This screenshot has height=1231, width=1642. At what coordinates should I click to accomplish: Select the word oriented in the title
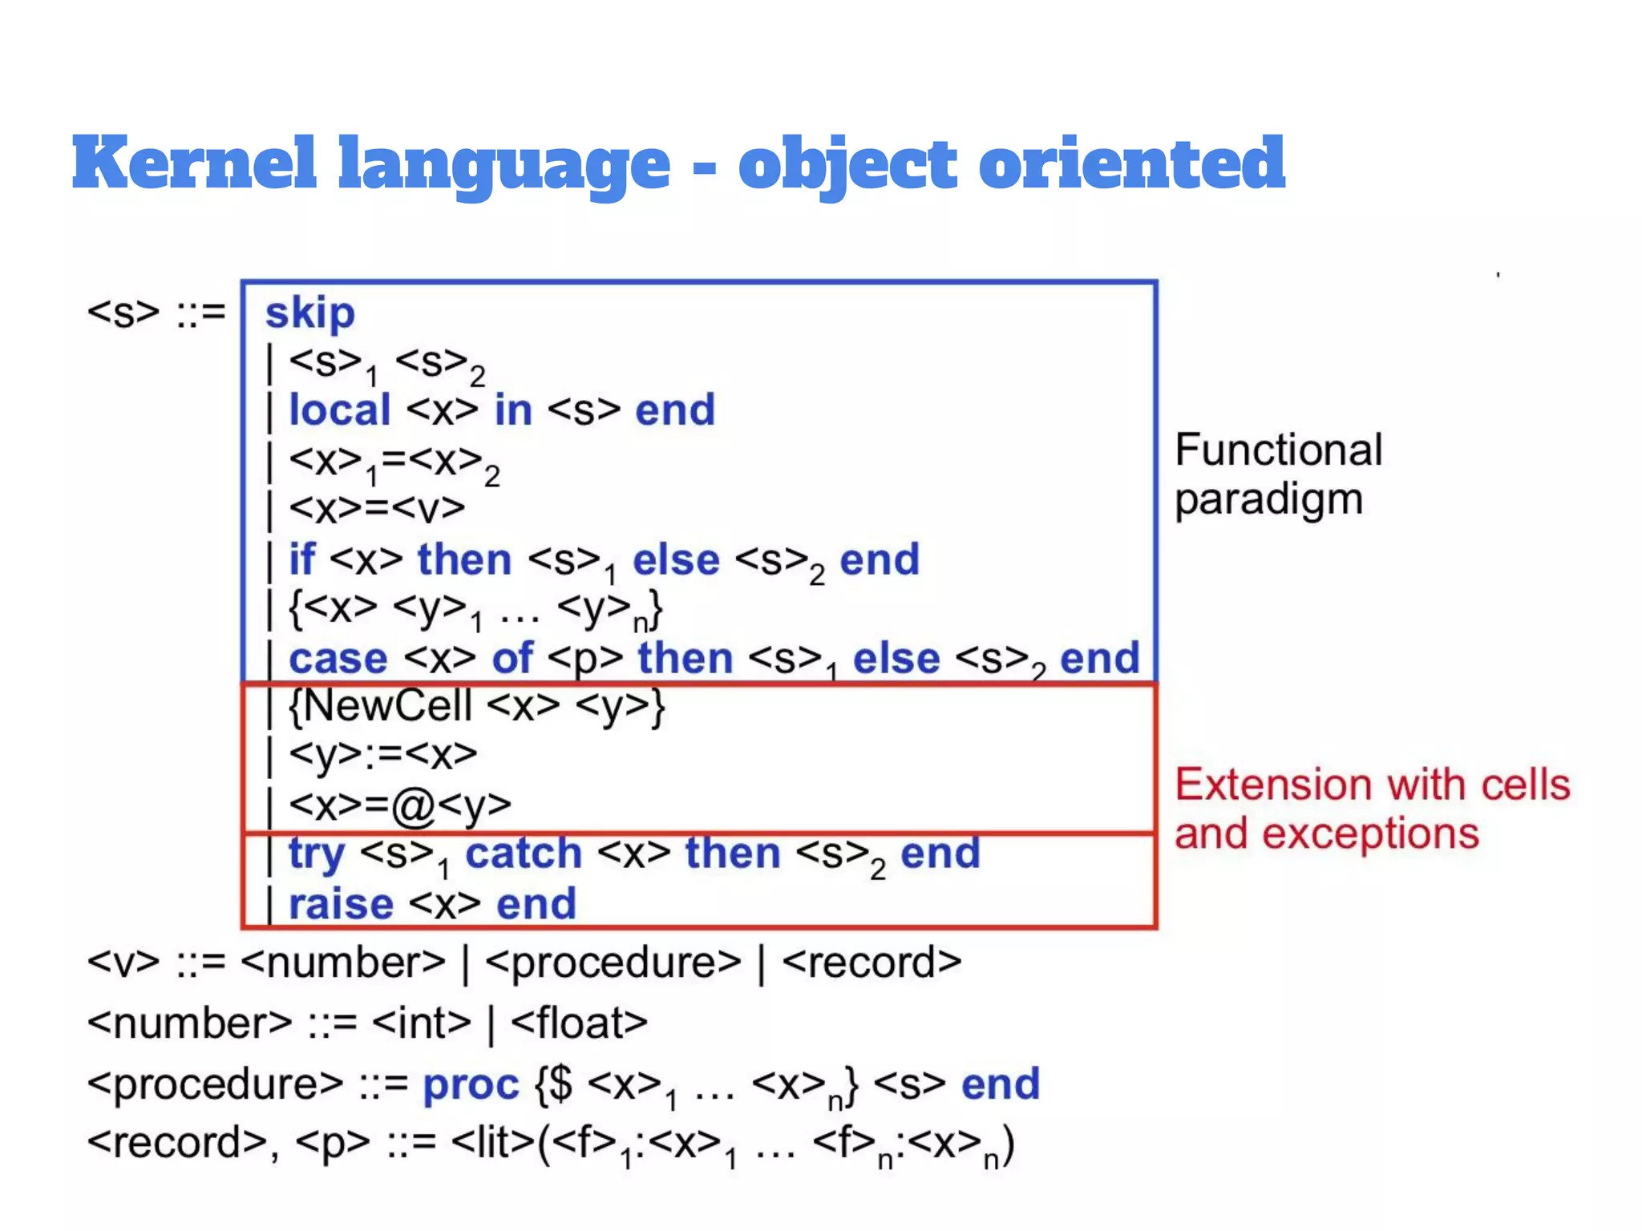click(1131, 163)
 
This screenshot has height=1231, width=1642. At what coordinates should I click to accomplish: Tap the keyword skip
click(310, 313)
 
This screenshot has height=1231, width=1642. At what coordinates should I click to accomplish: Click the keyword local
click(339, 410)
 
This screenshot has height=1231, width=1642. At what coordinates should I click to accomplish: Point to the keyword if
click(301, 559)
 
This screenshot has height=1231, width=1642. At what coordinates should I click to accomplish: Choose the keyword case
click(338, 659)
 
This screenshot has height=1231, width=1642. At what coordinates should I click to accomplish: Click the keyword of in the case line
click(512, 659)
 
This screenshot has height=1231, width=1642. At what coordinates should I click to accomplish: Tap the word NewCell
click(388, 707)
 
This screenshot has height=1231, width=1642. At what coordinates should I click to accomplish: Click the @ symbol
click(413, 805)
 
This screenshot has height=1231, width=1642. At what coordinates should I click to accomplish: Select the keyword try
click(316, 854)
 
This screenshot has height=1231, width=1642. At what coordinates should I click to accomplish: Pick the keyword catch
click(524, 854)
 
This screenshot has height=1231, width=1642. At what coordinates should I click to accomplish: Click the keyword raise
click(341, 905)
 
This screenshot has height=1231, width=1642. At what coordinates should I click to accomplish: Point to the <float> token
click(579, 1023)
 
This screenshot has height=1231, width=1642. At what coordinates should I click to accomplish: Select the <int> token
click(422, 1023)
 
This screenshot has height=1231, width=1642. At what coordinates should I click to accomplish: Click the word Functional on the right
click(1278, 450)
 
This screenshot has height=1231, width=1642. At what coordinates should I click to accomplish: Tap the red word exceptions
click(1370, 834)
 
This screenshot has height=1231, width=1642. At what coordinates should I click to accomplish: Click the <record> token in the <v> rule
click(872, 963)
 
